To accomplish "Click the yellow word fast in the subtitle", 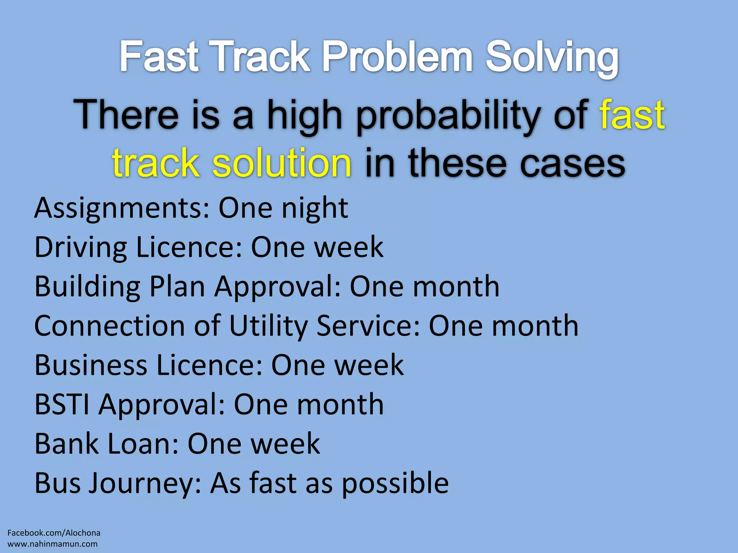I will tap(632, 115).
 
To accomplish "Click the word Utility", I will tap(268, 326).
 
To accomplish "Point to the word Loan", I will tap(143, 444).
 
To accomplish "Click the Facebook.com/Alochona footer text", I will tap(54, 533).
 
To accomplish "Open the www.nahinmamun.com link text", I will tap(53, 544).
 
